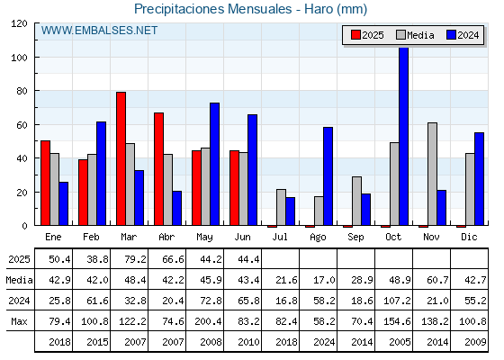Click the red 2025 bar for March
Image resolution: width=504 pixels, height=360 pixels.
[121, 158]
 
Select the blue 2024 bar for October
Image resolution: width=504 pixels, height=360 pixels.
[404, 136]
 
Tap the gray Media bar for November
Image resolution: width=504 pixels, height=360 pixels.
[432, 174]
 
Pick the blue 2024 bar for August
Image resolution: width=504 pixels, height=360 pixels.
[328, 176]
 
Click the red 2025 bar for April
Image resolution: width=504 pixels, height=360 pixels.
[158, 169]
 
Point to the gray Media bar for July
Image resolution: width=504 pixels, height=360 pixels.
[281, 207]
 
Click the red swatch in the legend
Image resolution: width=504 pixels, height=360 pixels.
[355, 35]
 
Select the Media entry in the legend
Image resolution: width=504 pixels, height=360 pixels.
[415, 35]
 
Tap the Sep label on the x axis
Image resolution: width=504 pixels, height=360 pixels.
[355, 237]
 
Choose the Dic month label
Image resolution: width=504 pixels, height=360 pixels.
[469, 237]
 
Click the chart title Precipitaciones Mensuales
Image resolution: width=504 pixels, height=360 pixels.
[212, 9]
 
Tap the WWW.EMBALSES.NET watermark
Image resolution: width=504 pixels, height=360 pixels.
[99, 31]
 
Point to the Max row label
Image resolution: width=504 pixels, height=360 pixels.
[19, 321]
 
